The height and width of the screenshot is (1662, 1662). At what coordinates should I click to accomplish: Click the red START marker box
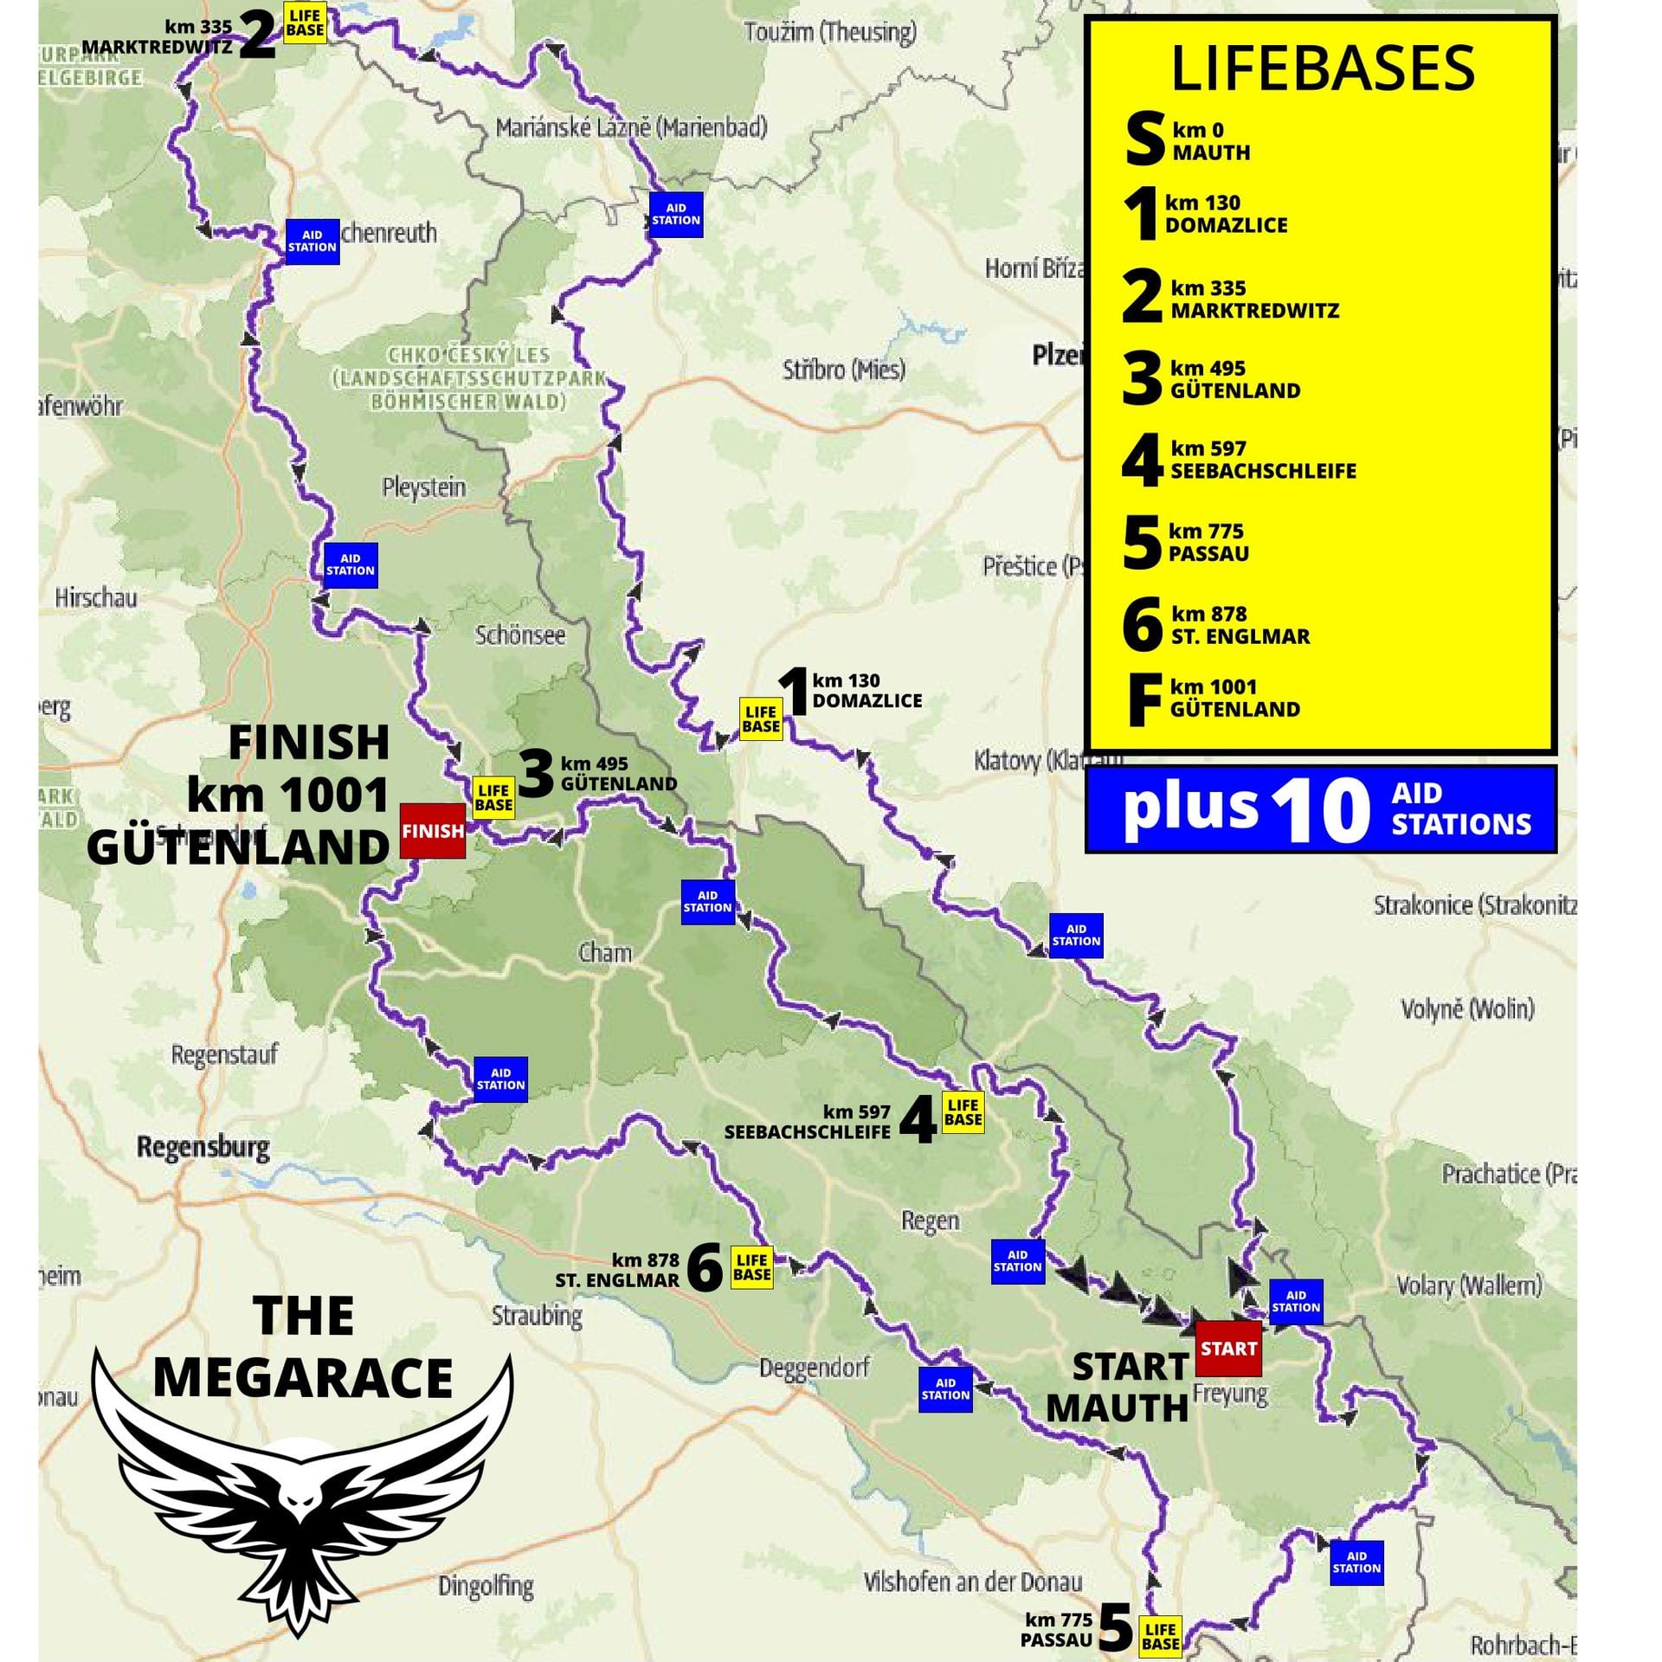coord(1227,1348)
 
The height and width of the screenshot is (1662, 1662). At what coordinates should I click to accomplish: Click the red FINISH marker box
coord(432,831)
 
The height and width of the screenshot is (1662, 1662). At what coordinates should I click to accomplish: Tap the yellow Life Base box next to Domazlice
coord(761,719)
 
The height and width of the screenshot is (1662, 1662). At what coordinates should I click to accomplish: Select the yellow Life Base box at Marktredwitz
coord(305,23)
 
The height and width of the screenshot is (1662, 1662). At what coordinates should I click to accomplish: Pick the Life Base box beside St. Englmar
coord(751,1267)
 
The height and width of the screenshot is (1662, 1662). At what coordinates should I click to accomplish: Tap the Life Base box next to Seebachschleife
coord(963,1112)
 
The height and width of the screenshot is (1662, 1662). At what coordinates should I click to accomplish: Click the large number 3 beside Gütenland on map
coord(536,773)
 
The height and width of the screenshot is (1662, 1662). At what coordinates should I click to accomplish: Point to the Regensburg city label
coord(203,1148)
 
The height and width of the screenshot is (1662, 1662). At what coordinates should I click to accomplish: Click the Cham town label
coord(605,953)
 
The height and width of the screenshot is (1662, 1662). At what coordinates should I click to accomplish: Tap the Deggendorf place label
coord(814,1369)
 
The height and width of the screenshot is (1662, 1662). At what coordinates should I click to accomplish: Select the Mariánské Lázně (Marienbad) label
coord(631,128)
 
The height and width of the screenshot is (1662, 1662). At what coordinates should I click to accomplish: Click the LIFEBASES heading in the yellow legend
coord(1322,69)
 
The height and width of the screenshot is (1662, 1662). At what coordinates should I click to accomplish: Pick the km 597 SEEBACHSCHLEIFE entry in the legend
coord(1262,460)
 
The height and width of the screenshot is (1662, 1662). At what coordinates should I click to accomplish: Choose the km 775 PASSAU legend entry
coord(1208,542)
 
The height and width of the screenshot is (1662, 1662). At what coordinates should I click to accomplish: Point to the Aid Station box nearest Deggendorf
coord(945,1388)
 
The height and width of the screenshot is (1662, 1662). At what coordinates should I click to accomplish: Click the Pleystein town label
coord(423,488)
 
